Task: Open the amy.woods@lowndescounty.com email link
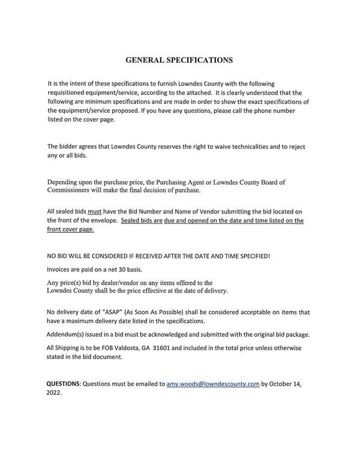tap(212, 383)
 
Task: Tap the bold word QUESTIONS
tap(63, 383)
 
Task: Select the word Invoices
tap(61, 269)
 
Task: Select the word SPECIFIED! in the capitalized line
tap(251, 256)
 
